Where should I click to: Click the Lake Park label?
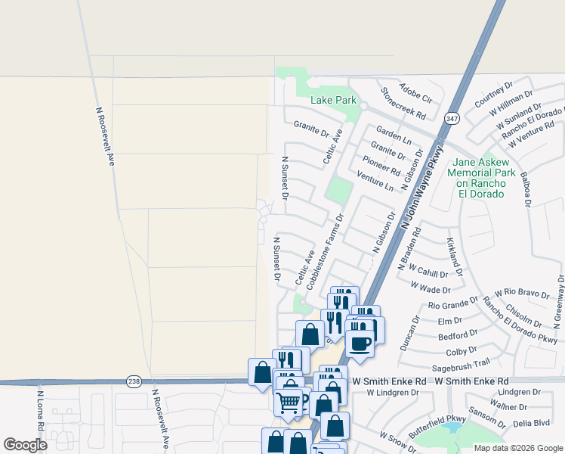point(333,100)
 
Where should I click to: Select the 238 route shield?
point(134,381)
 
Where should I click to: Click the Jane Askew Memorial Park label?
point(480,178)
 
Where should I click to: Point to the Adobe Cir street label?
point(415,93)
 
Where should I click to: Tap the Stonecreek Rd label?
point(403,104)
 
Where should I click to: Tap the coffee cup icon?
point(360,344)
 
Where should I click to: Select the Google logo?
point(25,445)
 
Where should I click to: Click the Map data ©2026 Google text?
point(518,448)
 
